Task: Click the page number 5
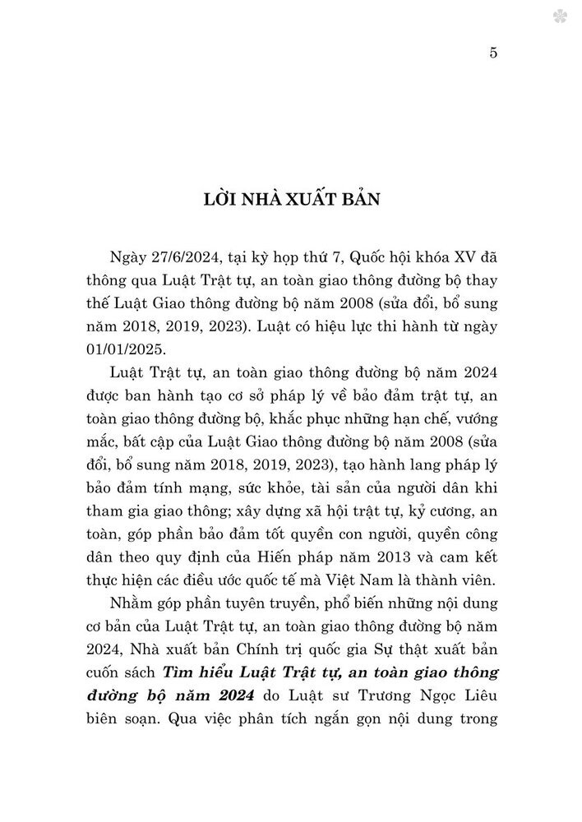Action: pos(493,53)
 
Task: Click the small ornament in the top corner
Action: pos(565,15)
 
